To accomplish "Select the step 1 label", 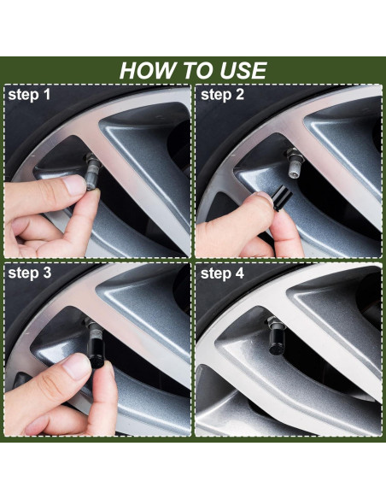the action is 29,95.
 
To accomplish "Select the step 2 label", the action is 222,95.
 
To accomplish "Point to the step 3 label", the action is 30,273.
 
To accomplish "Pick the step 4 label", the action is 222,273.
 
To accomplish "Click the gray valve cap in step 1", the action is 92,175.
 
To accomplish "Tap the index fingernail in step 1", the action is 74,185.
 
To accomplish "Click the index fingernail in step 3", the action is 76,367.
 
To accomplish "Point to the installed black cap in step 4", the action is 276,341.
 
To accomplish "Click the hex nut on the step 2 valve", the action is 294,154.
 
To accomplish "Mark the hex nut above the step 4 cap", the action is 275,323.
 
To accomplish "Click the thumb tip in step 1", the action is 93,196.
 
